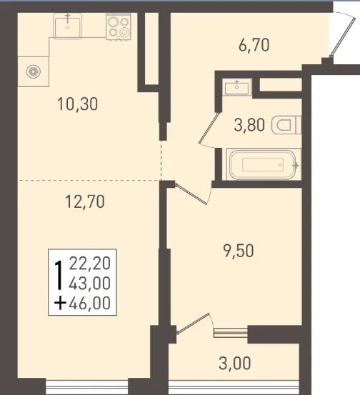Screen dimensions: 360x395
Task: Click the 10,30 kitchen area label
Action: (x=78, y=104)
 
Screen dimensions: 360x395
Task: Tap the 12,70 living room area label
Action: (x=85, y=201)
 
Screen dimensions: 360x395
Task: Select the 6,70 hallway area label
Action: (x=254, y=45)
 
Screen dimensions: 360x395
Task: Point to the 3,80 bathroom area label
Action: (x=249, y=125)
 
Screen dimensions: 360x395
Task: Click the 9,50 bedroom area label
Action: (x=239, y=251)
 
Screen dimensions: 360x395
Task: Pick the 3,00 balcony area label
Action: (x=235, y=363)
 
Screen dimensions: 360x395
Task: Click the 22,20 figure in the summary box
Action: (x=90, y=264)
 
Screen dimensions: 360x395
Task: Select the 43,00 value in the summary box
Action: (x=90, y=283)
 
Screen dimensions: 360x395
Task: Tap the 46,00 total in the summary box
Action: (x=90, y=303)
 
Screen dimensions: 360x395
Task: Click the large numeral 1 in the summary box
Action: (x=59, y=275)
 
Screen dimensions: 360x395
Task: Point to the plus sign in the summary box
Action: (x=61, y=303)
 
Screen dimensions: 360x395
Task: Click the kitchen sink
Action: (x=68, y=26)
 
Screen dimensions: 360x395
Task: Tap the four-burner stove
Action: (x=119, y=26)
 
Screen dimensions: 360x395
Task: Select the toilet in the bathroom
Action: (x=286, y=125)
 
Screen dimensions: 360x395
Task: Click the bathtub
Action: (x=264, y=164)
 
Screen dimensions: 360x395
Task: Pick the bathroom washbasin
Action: (x=237, y=87)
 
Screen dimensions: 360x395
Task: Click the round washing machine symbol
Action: (x=34, y=71)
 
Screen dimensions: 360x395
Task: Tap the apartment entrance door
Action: (x=344, y=34)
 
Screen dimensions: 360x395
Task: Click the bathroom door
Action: (x=209, y=128)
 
